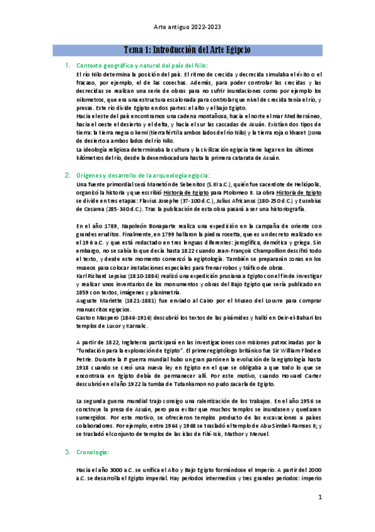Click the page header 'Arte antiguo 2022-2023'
(x=187, y=28)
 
